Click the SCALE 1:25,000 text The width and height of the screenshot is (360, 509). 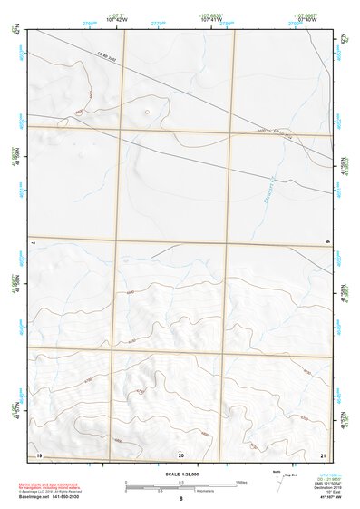(181, 474)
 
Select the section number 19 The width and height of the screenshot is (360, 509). (38, 453)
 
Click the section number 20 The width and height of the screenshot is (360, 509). (181, 454)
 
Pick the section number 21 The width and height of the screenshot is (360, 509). (323, 454)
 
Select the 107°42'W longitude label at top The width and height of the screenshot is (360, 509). (117, 19)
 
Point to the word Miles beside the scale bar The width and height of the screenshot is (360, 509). (242, 481)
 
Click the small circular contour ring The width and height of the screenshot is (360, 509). (146, 113)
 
